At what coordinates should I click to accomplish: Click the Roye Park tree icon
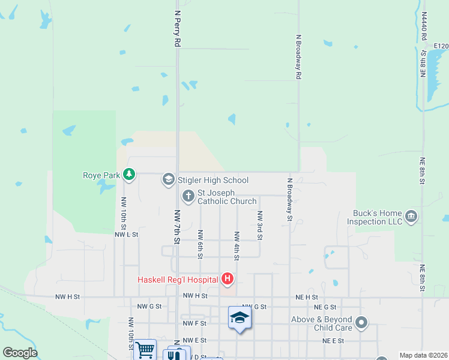pos(128,175)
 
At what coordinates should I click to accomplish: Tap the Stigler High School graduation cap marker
pos(168,179)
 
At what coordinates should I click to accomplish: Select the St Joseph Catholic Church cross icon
pos(188,196)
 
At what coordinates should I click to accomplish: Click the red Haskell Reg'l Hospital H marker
pos(228,278)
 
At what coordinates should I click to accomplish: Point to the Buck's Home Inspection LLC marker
pos(411,217)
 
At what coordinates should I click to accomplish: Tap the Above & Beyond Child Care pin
pos(361,323)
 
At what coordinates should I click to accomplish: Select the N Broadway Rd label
pos(298,57)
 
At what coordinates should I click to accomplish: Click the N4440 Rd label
pos(424,28)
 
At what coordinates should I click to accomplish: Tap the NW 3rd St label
pos(260,226)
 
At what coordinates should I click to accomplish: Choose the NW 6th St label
pos(200,244)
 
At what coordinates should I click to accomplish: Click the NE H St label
pos(306,296)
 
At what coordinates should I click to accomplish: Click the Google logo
pos(20,353)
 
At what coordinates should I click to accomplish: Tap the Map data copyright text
pos(423,355)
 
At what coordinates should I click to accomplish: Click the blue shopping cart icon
pos(145,350)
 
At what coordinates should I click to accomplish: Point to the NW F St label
pos(195,323)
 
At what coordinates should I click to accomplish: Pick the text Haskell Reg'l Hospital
pos(178,280)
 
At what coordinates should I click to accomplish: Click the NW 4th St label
pos(237,246)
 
